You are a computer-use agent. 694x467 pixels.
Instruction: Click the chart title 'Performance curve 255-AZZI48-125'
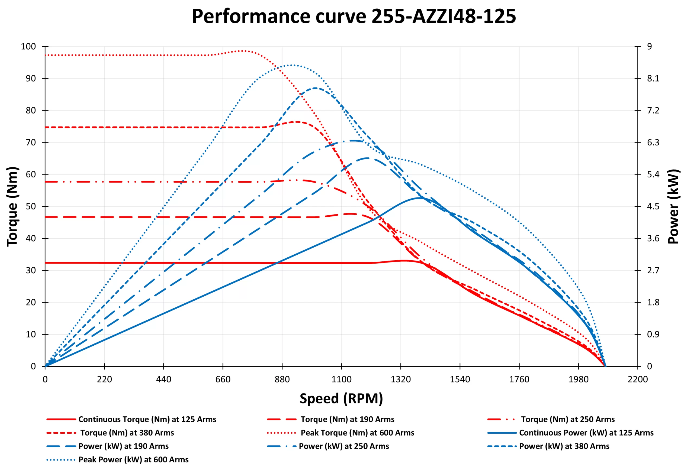(x=354, y=16)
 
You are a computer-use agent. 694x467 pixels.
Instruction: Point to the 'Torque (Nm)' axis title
(x=12, y=206)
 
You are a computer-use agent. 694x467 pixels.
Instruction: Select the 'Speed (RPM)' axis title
(x=341, y=398)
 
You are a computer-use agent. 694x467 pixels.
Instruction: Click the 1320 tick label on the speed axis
(x=400, y=380)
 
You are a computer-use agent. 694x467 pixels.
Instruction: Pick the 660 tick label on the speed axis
(x=223, y=380)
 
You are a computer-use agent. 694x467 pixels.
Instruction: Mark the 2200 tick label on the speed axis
(x=638, y=380)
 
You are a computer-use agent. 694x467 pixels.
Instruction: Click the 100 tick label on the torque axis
(x=28, y=47)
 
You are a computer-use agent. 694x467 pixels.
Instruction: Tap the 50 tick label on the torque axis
(x=31, y=206)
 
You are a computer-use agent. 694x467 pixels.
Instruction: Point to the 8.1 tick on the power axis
(x=653, y=79)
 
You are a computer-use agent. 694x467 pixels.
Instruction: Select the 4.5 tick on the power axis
(x=653, y=206)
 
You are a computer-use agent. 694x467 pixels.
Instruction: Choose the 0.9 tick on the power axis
(x=653, y=335)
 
